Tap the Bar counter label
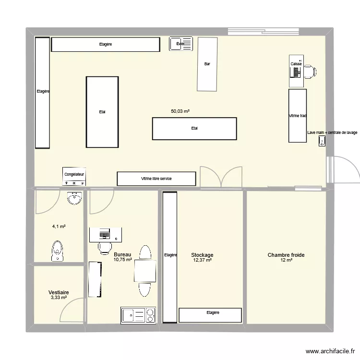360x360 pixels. tap(207, 64)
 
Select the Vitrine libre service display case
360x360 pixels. tap(156, 179)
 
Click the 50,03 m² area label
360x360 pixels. tap(180, 111)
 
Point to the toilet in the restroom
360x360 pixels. tap(58, 252)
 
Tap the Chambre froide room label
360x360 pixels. tap(286, 255)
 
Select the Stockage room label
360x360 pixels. tap(202, 255)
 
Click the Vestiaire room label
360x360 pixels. tap(59, 292)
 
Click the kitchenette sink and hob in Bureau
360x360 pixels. tap(138, 315)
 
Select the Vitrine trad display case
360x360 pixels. tap(297, 116)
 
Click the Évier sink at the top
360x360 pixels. tap(180, 44)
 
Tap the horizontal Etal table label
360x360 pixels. tap(194, 128)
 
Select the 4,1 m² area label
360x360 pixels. tap(59, 227)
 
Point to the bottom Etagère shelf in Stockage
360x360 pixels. tap(210, 315)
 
